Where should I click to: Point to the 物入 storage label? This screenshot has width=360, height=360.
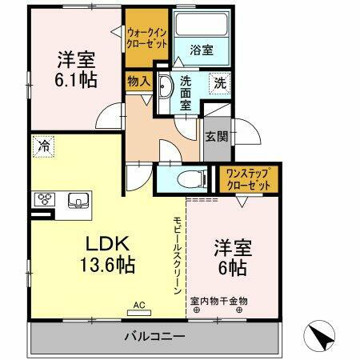(138, 80)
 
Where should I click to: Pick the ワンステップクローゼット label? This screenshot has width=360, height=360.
(246, 177)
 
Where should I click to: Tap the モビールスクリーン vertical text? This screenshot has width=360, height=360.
(178, 256)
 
